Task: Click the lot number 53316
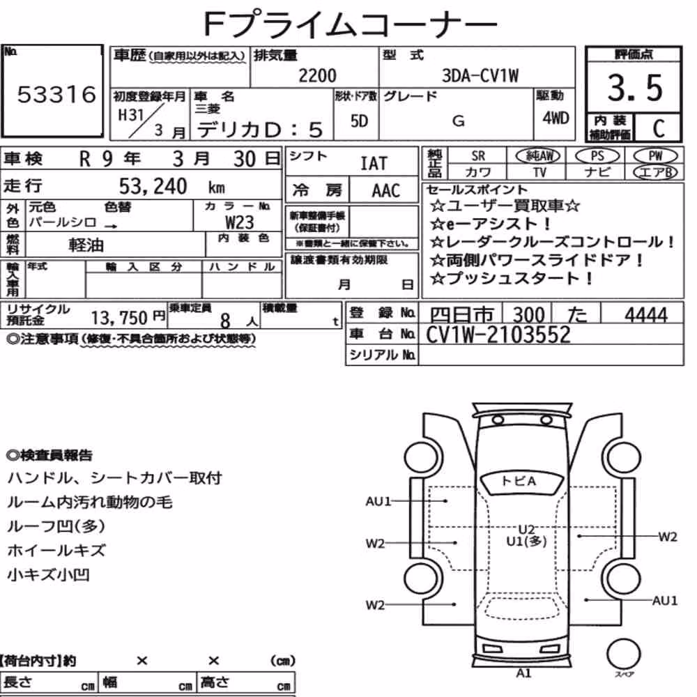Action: (x=56, y=94)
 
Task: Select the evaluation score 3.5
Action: (x=635, y=88)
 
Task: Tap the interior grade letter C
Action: (x=659, y=128)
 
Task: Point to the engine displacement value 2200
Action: (x=317, y=75)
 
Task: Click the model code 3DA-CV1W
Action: (x=480, y=75)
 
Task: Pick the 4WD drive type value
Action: (x=556, y=118)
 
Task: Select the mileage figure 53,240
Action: (x=153, y=186)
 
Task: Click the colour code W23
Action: (x=240, y=222)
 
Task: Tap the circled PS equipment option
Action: (x=597, y=156)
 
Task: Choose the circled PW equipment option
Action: (x=655, y=156)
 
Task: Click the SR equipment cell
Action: (x=478, y=156)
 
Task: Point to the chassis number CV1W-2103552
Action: (x=498, y=335)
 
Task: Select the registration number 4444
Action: (x=646, y=315)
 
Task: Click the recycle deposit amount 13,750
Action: (x=119, y=318)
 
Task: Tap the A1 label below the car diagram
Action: (x=523, y=673)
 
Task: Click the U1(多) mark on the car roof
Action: (x=527, y=542)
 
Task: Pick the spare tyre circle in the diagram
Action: (x=623, y=654)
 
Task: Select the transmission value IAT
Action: (x=374, y=164)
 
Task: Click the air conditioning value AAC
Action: (x=386, y=191)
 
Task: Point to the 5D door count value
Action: (x=359, y=121)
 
